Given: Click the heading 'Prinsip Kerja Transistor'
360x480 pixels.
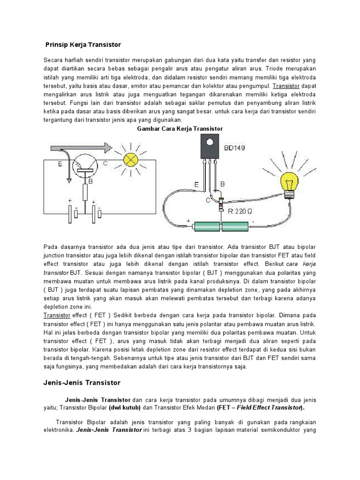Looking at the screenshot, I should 83,45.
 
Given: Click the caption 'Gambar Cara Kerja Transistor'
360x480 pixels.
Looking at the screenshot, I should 180,128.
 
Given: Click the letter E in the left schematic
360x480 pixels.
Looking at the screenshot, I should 60,164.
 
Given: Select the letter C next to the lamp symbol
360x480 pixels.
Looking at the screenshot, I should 105,164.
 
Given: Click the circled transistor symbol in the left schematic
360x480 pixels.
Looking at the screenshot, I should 85,166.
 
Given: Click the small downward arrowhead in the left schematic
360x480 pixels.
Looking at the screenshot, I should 69,181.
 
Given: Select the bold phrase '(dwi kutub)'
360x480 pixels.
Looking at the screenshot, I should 124,408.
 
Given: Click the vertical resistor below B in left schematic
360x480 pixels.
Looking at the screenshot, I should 85,192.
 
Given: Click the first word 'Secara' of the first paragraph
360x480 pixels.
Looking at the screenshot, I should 53,60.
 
